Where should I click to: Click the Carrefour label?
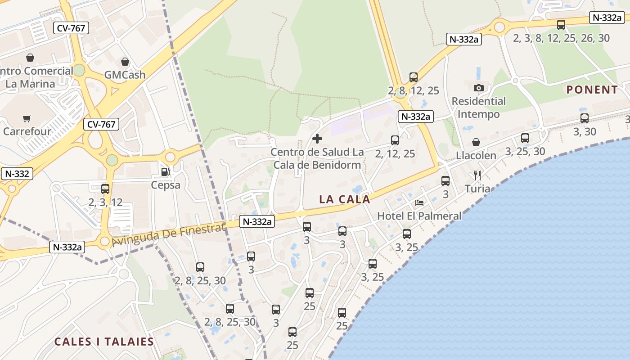(27, 131)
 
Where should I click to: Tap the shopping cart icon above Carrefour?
(27, 119)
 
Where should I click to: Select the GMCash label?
(125, 75)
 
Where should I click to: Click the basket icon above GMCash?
(125, 62)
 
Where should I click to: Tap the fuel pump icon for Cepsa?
(166, 172)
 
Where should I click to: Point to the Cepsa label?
(166, 185)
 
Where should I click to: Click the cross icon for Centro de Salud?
(317, 139)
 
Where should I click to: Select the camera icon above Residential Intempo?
(479, 88)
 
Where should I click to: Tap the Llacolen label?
(476, 156)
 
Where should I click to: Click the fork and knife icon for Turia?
(477, 175)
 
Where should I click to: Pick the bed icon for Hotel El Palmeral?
(419, 203)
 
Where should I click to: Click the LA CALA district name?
(345, 199)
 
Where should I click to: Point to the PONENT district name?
(592, 90)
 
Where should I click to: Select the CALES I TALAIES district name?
(104, 342)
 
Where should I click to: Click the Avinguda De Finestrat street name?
(168, 235)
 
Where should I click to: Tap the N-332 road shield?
(17, 174)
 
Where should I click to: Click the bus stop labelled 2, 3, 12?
(105, 189)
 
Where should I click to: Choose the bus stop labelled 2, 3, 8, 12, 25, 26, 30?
(561, 25)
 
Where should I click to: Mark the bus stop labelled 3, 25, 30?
(525, 138)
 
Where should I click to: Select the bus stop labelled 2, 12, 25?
(395, 140)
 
